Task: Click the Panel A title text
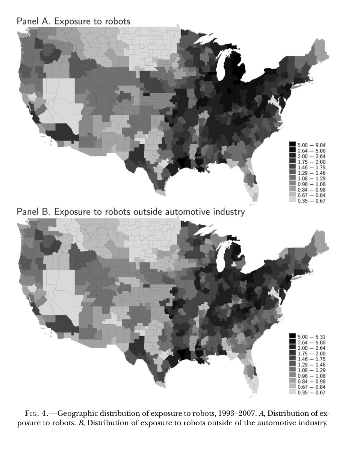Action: coord(74,21)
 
